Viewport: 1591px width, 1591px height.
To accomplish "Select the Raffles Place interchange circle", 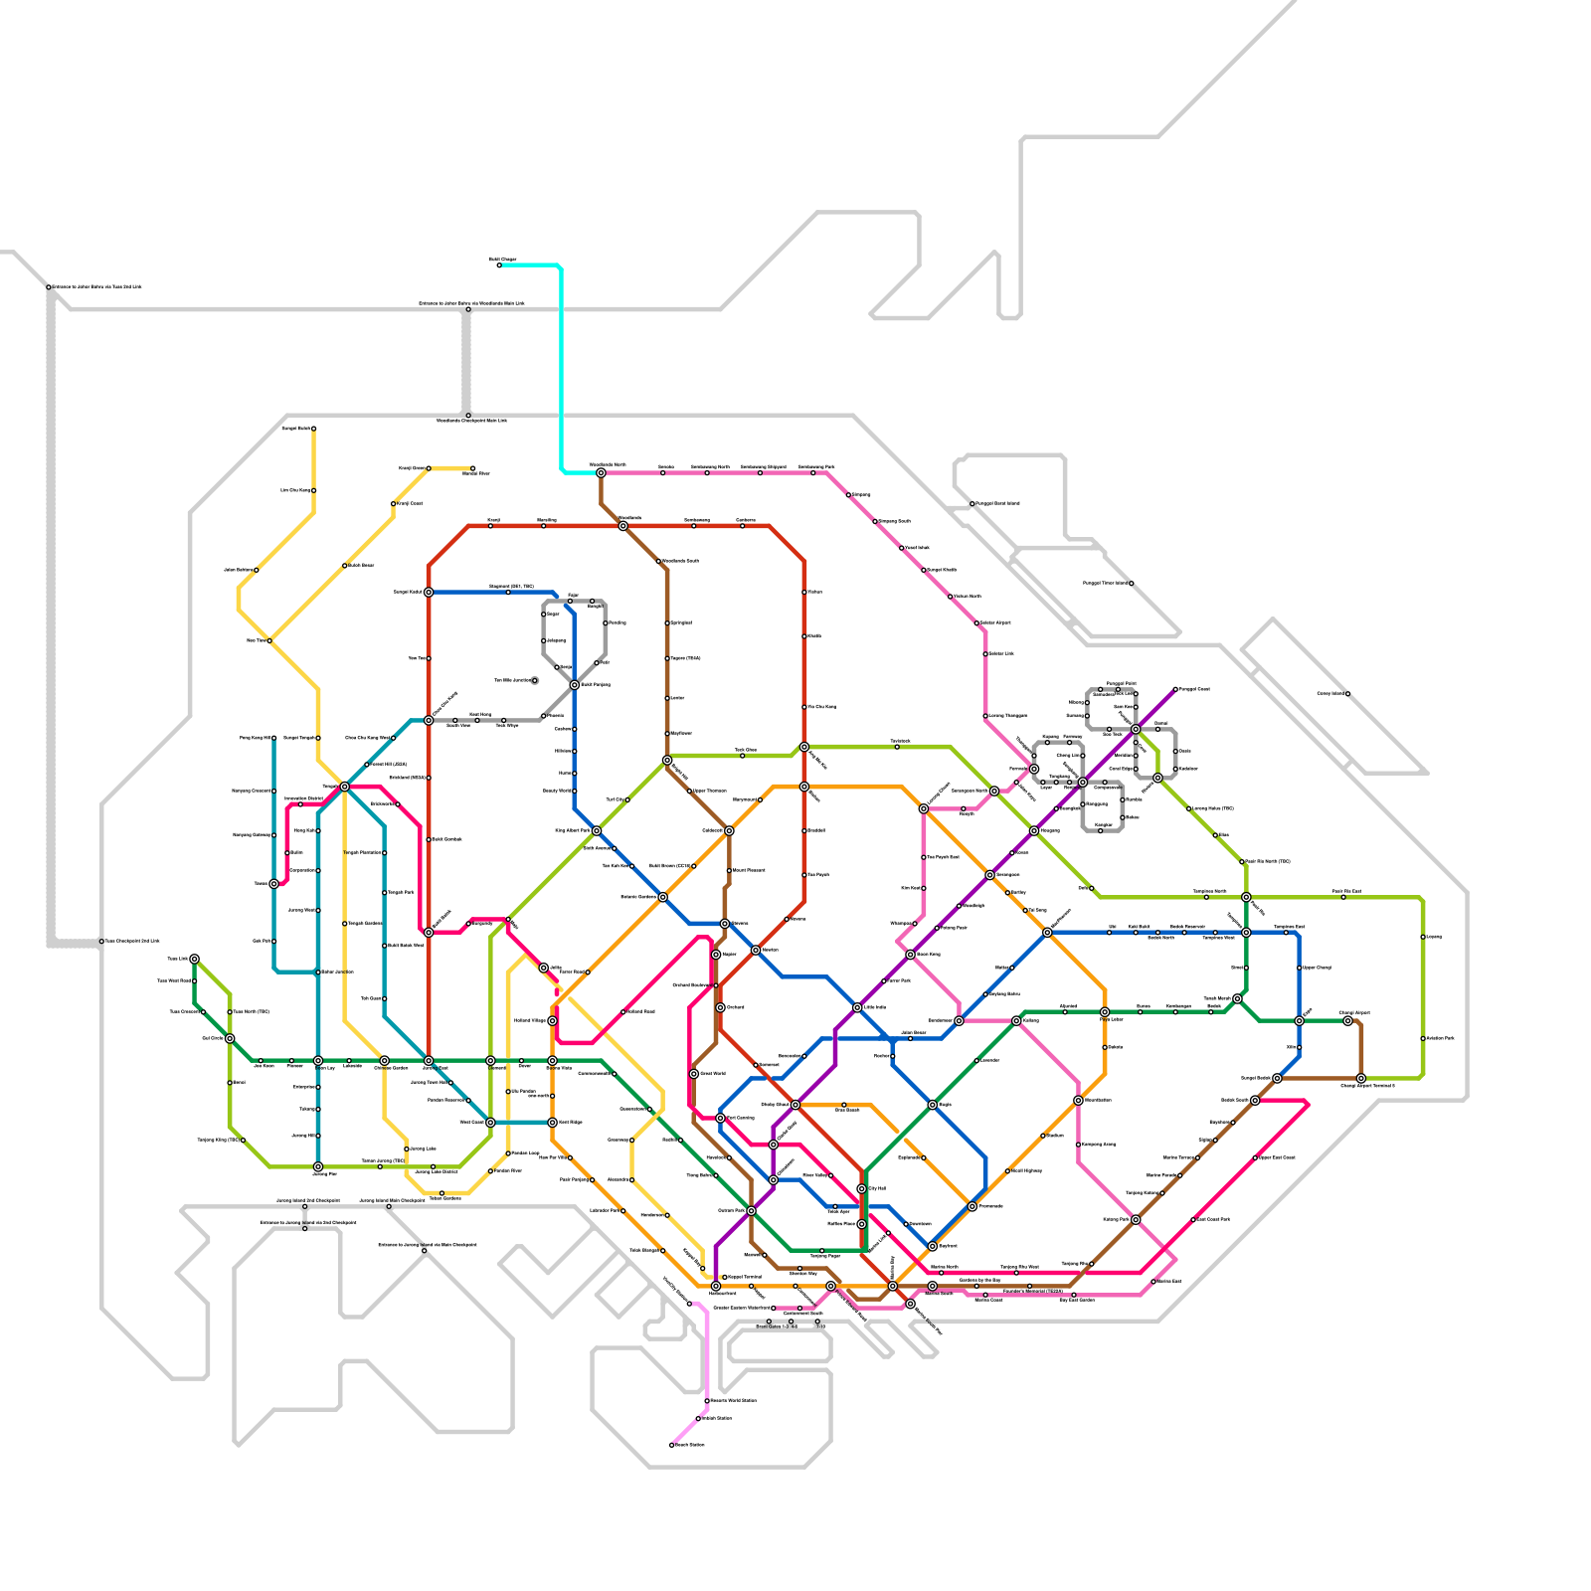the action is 861,1224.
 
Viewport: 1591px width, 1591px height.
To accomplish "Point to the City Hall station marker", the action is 861,1189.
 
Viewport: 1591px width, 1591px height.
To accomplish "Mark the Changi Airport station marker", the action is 1347,1020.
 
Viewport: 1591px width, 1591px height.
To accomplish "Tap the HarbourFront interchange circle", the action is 716,1286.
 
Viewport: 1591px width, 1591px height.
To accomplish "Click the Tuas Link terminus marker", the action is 194,959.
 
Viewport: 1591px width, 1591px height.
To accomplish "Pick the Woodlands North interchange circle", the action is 601,472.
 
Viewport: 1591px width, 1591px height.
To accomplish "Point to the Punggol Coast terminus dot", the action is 1175,689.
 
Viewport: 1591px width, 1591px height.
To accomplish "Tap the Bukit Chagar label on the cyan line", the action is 503,260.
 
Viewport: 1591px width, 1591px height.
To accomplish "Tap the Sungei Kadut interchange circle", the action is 429,592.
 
